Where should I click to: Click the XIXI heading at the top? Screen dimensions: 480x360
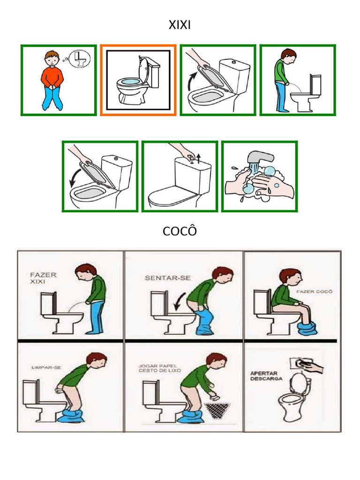(x=180, y=25)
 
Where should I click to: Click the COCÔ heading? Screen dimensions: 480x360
(x=180, y=231)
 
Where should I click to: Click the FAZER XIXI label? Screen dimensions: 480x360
(x=43, y=277)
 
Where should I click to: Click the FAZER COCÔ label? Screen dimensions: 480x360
(x=315, y=291)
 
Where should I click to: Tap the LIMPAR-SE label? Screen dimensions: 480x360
(x=46, y=367)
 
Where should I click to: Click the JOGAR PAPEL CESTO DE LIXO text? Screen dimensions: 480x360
(x=157, y=368)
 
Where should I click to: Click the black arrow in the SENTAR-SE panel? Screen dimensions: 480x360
(x=180, y=301)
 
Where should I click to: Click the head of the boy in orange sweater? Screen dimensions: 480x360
(x=51, y=59)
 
